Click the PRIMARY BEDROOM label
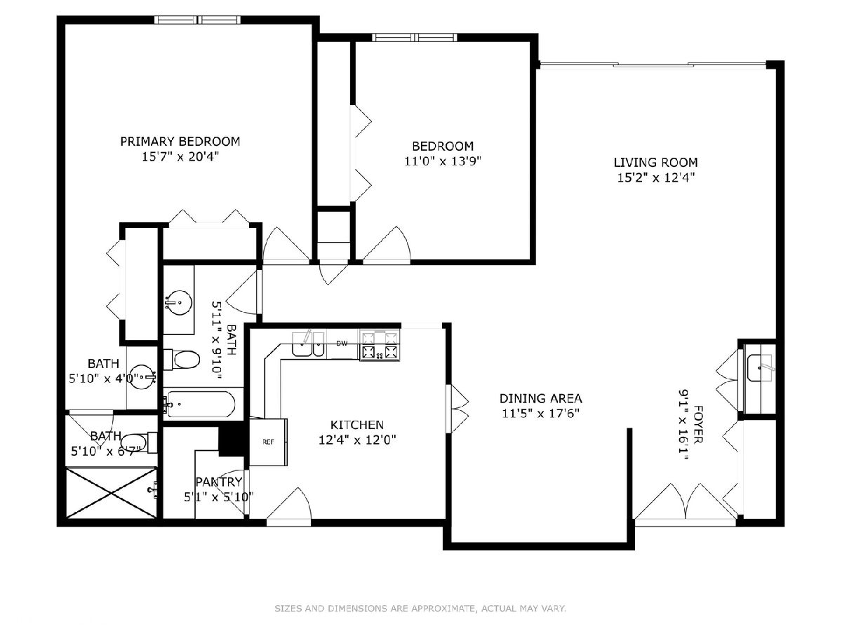click(x=180, y=142)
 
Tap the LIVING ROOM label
click(x=655, y=163)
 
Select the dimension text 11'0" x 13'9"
click(x=443, y=161)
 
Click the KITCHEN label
click(x=356, y=425)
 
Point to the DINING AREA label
click(x=540, y=398)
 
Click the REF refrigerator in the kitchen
click(x=268, y=442)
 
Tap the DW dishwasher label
click(x=342, y=344)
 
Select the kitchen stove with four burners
click(x=380, y=346)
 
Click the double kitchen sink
click(x=308, y=344)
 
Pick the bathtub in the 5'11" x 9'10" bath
click(x=199, y=405)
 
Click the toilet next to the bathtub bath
click(x=182, y=360)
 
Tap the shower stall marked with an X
click(x=112, y=493)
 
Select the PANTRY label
click(x=219, y=482)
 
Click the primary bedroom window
click(x=198, y=20)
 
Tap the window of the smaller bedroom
click(x=415, y=38)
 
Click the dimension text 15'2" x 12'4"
click(x=656, y=178)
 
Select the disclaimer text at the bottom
click(x=420, y=608)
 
